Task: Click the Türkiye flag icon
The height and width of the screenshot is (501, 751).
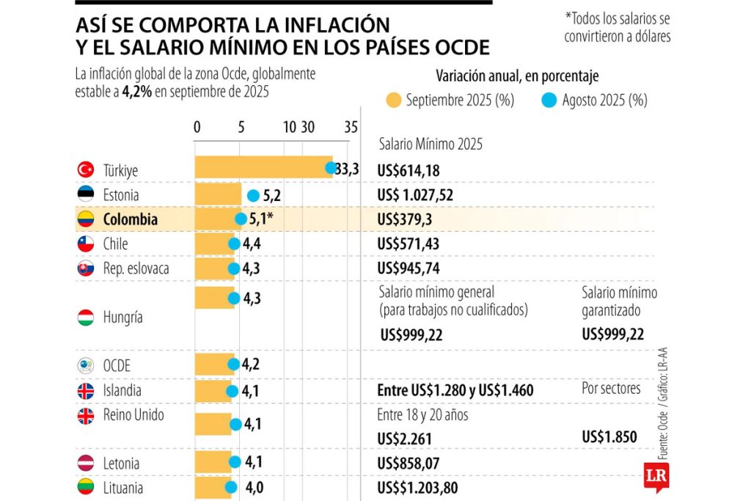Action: pos(86,170)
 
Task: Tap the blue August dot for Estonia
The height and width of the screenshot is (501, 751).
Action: pos(254,195)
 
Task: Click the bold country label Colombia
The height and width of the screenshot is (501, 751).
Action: pos(130,219)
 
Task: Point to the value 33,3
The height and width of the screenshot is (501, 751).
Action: pos(348,169)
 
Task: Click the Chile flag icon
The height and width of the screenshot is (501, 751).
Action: pos(86,244)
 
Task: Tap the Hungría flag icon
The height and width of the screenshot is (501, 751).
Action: pos(86,318)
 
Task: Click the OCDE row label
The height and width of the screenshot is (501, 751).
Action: pos(117,365)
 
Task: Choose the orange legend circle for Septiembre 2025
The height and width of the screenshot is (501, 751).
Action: pos(394,100)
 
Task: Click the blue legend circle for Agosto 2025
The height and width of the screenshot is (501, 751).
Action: pos(550,100)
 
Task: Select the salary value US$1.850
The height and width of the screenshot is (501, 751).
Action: pos(609,437)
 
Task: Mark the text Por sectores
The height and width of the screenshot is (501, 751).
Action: pos(611,389)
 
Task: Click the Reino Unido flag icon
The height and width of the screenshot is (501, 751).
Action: pos(86,416)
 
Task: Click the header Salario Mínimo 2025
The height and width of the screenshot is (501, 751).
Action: pos(431,145)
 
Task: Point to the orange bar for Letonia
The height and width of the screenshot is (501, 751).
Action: pos(213,463)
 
